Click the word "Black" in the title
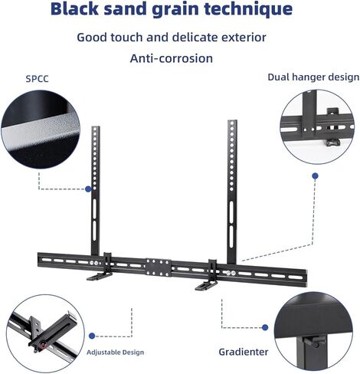[x=74, y=8]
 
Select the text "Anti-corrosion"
[x=172, y=58]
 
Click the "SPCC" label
[x=37, y=79]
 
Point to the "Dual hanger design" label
[x=313, y=77]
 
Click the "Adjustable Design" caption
[x=115, y=353]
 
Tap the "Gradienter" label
[x=244, y=352]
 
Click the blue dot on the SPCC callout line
[x=88, y=189]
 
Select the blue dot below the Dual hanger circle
[x=316, y=176]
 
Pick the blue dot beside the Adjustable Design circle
[x=92, y=336]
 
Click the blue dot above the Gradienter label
[x=265, y=327]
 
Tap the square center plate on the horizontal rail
[x=159, y=267]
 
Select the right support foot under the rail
[x=206, y=285]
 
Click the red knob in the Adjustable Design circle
[x=43, y=346]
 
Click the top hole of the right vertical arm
[x=232, y=123]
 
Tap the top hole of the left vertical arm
[x=95, y=129]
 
